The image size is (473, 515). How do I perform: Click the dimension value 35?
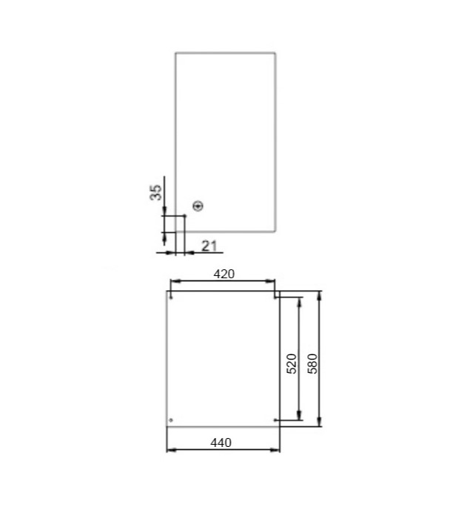click(155, 192)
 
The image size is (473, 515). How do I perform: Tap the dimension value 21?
click(209, 246)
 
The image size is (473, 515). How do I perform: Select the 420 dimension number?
click(224, 274)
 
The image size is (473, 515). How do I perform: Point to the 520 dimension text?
click(292, 363)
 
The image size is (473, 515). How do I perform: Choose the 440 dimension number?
click(221, 442)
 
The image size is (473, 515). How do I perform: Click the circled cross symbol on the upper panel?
click(198, 206)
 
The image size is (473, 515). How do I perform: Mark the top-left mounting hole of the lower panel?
click(171, 297)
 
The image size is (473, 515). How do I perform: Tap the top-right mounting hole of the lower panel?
click(275, 297)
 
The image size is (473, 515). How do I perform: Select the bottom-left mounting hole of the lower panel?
click(170, 420)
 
